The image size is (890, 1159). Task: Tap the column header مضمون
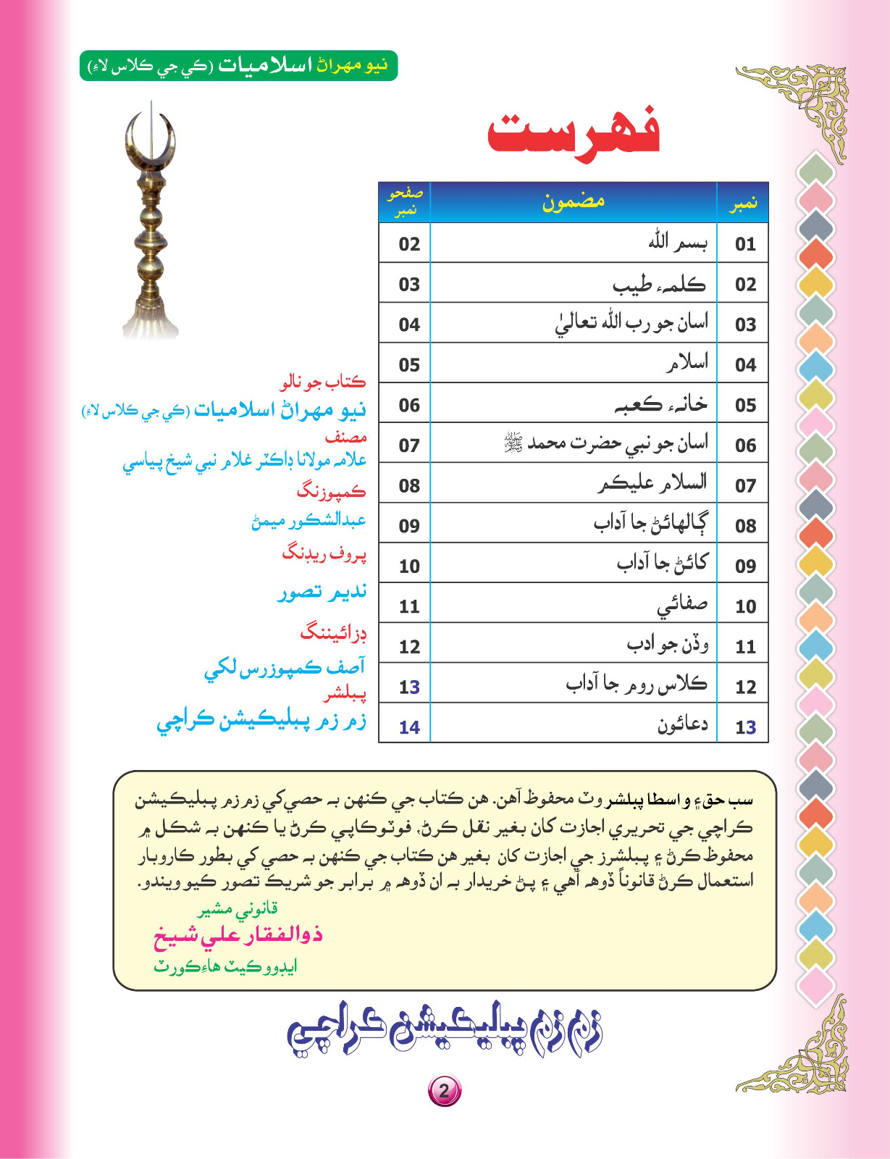click(573, 202)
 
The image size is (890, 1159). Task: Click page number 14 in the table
click(409, 727)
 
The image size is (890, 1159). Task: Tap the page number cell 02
click(409, 244)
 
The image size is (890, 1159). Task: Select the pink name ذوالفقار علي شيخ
click(238, 935)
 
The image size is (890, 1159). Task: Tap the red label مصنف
click(345, 438)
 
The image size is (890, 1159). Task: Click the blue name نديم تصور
click(322, 593)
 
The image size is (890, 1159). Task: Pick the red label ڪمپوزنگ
click(331, 492)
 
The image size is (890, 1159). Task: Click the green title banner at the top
click(238, 65)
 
